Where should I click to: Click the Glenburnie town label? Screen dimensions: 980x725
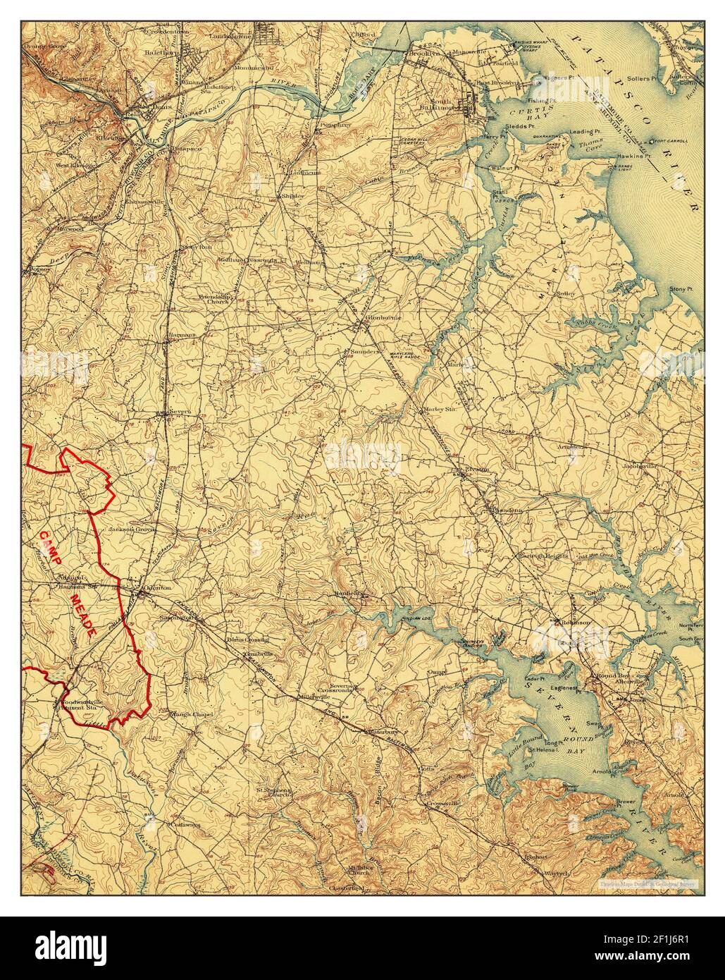pyautogui.click(x=383, y=318)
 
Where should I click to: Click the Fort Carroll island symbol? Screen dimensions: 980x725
pyautogui.click(x=652, y=140)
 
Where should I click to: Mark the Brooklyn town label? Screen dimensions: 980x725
pyautogui.click(x=425, y=53)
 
